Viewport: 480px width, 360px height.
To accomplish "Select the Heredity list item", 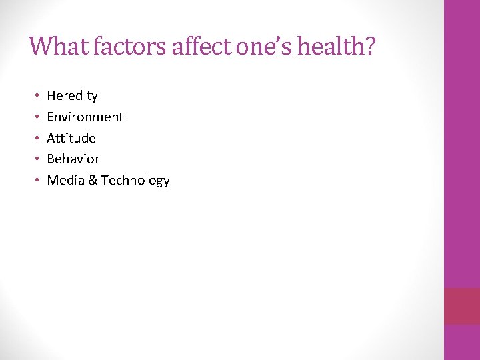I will [x=72, y=96].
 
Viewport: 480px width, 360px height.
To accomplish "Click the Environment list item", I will [x=85, y=117].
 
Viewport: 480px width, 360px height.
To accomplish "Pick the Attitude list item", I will [x=71, y=138].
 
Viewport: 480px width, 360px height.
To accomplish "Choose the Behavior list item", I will [x=73, y=159].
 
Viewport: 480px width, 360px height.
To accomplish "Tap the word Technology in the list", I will [x=135, y=181].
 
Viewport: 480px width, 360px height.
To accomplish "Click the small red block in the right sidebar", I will [x=461, y=306].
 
